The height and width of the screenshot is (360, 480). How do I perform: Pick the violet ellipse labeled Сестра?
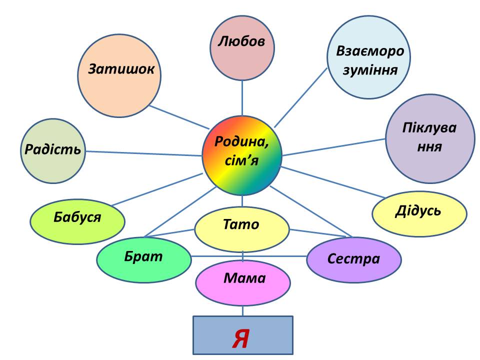(354, 259)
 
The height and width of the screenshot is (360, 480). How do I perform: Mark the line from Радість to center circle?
(145, 153)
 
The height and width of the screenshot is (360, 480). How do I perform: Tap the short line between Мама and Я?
(243, 310)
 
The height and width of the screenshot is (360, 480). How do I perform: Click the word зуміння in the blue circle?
(370, 70)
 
